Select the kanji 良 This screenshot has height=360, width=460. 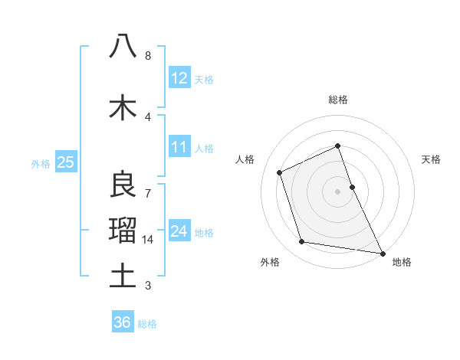pyautogui.click(x=123, y=185)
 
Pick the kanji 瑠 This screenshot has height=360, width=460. pyautogui.click(x=123, y=229)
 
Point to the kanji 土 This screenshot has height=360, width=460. pyautogui.click(x=123, y=275)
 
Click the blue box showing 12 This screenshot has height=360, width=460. pyautogui.click(x=179, y=78)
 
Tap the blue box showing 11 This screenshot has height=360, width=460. pyautogui.click(x=179, y=147)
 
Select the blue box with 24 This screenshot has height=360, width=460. pyautogui.click(x=179, y=231)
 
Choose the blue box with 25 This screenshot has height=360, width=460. pyautogui.click(x=65, y=162)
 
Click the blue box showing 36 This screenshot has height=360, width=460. pyautogui.click(x=123, y=322)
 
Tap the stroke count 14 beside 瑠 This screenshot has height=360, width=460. pyautogui.click(x=148, y=240)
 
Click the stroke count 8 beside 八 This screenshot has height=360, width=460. pyautogui.click(x=148, y=56)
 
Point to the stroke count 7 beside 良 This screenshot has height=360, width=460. pyautogui.click(x=148, y=193)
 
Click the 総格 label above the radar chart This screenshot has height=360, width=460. pyautogui.click(x=338, y=100)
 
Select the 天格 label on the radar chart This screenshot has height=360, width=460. pyautogui.click(x=432, y=159)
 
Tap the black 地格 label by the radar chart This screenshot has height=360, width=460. pyautogui.click(x=402, y=262)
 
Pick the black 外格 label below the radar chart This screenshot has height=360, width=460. pyautogui.click(x=270, y=262)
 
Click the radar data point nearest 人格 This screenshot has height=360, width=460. pyautogui.click(x=280, y=172)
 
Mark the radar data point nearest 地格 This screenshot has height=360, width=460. pyautogui.click(x=382, y=252)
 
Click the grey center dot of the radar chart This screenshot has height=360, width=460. pyautogui.click(x=337, y=191)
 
